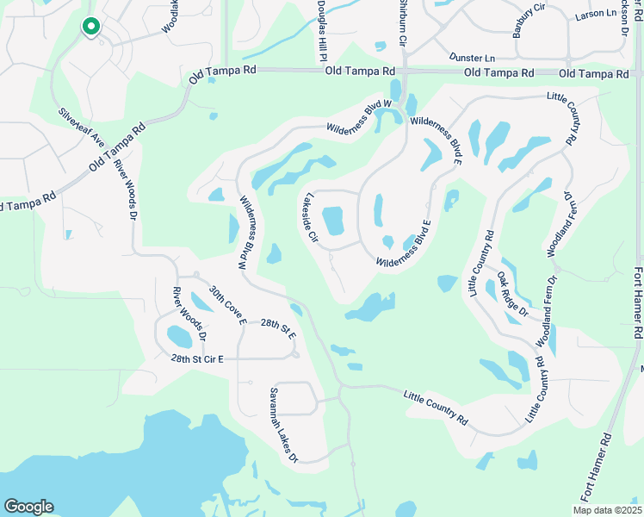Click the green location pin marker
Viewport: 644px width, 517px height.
[x=90, y=28]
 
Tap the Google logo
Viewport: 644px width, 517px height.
[x=29, y=507]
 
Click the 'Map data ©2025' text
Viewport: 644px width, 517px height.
[x=607, y=510]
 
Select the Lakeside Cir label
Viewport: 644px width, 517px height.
[x=308, y=221]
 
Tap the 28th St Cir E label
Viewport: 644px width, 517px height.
[x=196, y=358]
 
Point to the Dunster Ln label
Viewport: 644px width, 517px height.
[x=472, y=57]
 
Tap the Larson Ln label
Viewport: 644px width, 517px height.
[x=597, y=15]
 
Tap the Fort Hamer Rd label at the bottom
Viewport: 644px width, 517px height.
[x=602, y=470]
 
